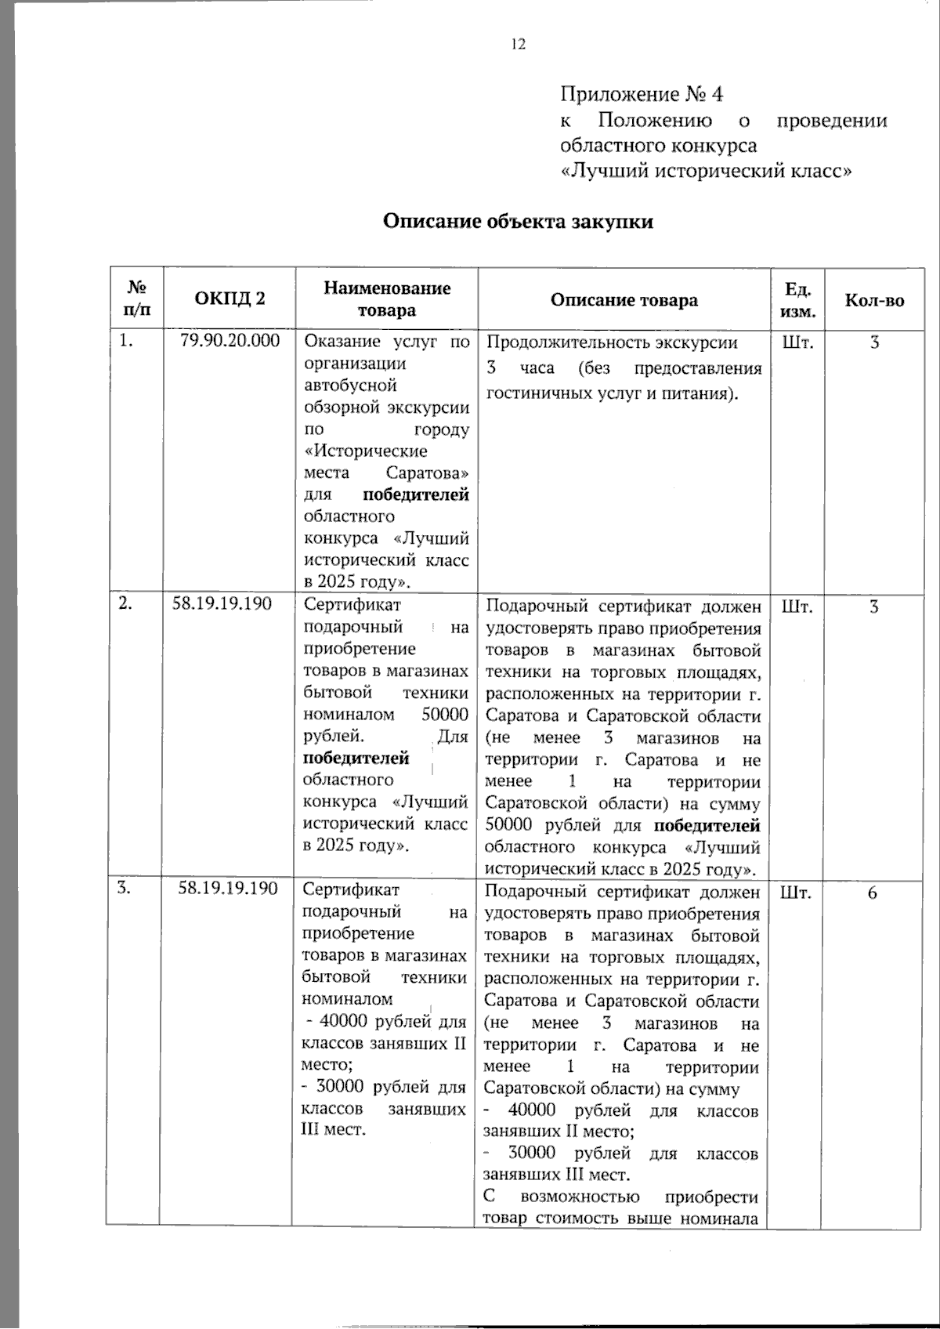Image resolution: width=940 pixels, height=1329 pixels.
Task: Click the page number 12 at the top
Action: tap(519, 45)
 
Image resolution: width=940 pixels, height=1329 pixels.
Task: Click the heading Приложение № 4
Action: tap(642, 95)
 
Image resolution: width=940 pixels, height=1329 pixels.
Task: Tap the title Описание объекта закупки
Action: tap(518, 222)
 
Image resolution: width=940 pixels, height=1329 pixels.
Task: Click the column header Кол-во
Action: tap(873, 300)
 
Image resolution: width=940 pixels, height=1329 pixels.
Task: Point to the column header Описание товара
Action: tap(624, 300)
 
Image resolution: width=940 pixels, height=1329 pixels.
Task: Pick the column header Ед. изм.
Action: tap(798, 300)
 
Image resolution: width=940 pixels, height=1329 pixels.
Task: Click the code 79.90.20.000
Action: tap(230, 342)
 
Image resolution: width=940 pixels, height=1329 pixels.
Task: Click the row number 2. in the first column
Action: tap(125, 603)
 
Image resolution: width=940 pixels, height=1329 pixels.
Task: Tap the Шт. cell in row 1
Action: tap(797, 342)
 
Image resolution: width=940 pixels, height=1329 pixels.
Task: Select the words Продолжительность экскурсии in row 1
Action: tap(612, 342)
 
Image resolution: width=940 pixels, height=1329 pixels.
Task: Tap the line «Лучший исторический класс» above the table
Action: tap(707, 171)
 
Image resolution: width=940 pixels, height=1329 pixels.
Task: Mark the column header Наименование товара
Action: tap(387, 299)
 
